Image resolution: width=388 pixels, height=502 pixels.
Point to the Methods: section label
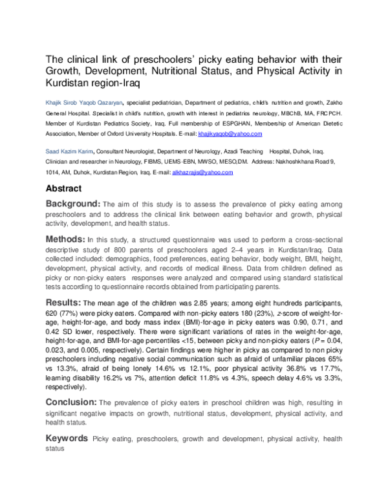tap(65, 239)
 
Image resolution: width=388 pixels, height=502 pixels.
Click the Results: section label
tap(63, 302)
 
